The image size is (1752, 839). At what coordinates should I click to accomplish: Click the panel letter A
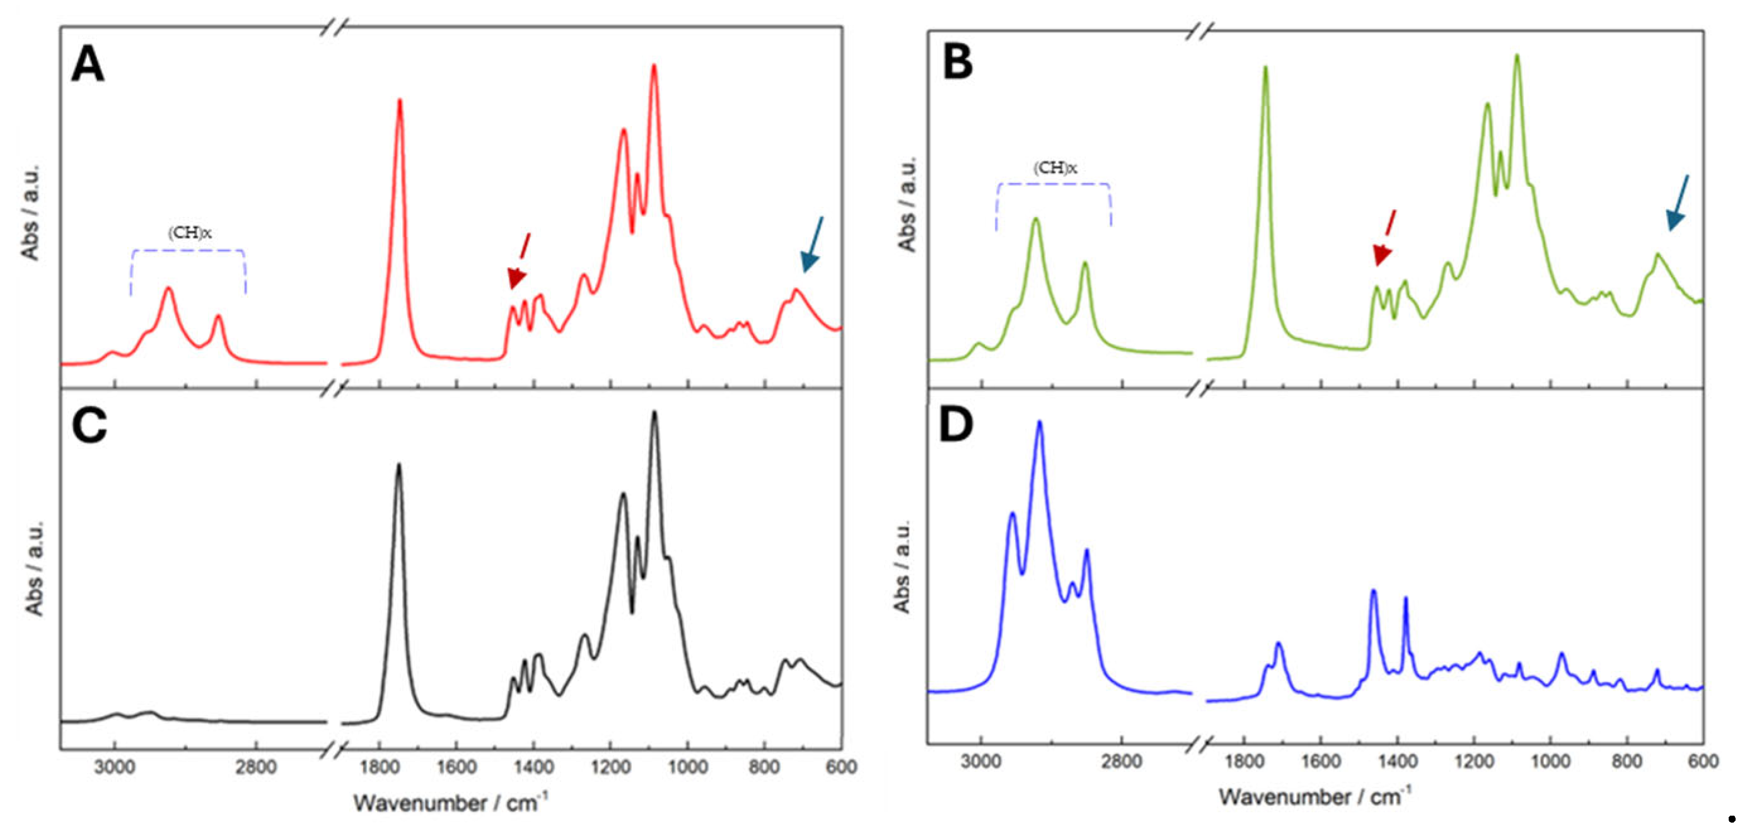point(88,64)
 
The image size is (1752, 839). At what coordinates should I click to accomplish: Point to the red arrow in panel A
point(519,262)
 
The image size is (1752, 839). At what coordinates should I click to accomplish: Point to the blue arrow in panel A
point(812,245)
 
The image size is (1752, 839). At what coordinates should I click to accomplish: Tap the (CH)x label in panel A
point(190,233)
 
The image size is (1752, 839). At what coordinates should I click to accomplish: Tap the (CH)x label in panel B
point(1055,168)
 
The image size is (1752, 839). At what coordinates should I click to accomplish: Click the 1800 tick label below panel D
point(1243,761)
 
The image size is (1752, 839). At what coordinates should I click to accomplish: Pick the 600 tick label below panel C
point(841,767)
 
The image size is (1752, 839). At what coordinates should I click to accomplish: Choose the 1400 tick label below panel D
point(1398,761)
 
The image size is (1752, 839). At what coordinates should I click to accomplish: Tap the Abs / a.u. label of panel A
point(31,212)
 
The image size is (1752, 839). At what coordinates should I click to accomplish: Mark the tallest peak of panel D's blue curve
point(1039,423)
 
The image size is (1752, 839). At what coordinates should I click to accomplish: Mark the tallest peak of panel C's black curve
point(654,413)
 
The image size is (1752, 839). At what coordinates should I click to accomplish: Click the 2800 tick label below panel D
point(1122,761)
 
